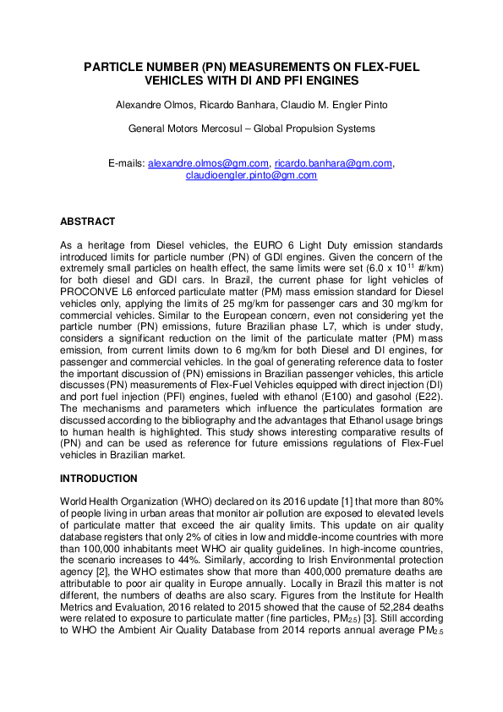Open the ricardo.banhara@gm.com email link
pyautogui.click(x=321, y=163)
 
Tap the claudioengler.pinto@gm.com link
pyautogui.click(x=251, y=175)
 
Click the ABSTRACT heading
pyautogui.click(x=87, y=222)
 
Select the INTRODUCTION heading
pyautogui.click(x=98, y=479)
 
